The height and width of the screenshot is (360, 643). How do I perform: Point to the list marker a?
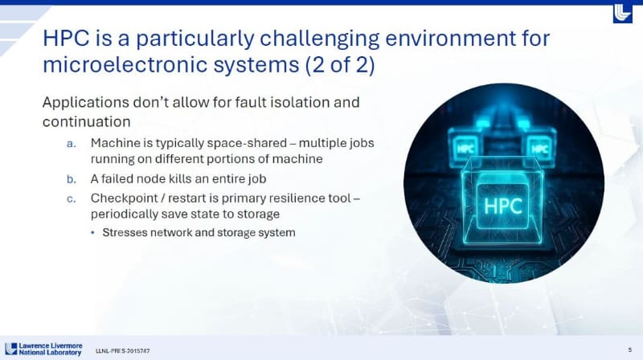point(72,143)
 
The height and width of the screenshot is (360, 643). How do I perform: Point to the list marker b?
point(72,178)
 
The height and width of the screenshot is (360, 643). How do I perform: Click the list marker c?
point(72,198)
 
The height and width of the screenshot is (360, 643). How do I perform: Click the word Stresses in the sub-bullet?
point(125,233)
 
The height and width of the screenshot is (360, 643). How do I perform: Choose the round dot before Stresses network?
point(92,233)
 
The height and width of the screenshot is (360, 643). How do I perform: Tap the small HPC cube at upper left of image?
point(465,149)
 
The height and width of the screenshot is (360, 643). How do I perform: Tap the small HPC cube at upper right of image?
point(540,149)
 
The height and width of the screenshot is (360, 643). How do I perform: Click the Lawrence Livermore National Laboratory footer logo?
point(43,350)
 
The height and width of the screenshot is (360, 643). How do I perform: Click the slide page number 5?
point(628,349)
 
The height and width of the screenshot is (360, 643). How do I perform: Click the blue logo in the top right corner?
point(623,13)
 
